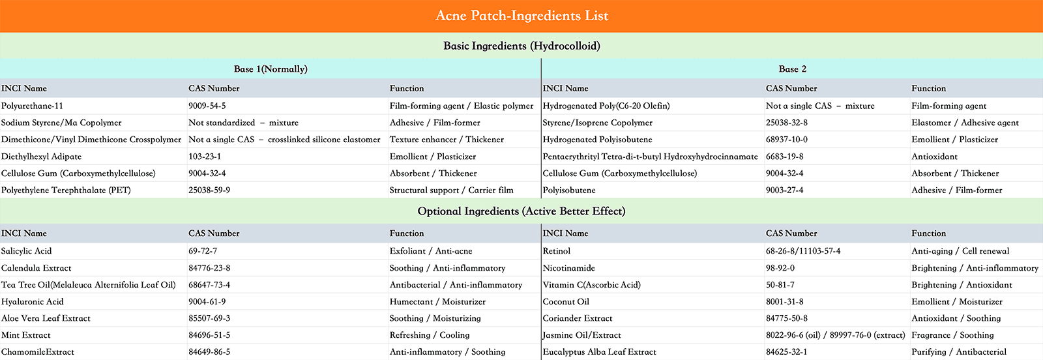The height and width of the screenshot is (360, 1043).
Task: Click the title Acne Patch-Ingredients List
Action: [521, 16]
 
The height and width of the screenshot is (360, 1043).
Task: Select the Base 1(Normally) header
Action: [271, 69]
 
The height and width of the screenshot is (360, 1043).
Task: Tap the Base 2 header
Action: [792, 69]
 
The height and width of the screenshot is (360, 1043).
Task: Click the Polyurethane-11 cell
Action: [33, 106]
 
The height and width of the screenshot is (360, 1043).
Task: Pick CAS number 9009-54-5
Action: [207, 106]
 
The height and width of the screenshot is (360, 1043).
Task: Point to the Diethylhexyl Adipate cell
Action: [42, 157]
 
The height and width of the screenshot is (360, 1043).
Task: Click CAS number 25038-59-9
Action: [209, 190]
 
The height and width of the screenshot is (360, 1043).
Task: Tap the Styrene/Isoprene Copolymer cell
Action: [597, 123]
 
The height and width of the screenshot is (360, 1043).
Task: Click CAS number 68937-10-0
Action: [787, 140]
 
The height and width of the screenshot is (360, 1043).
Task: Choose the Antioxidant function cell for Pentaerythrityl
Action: [934, 157]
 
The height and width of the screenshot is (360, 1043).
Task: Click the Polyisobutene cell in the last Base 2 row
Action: [569, 190]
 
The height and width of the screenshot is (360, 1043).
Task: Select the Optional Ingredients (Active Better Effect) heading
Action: [521, 211]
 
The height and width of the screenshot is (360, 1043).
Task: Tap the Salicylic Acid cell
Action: [27, 251]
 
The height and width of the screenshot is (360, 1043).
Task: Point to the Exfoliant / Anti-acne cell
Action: [431, 251]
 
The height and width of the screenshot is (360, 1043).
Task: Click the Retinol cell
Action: [557, 251]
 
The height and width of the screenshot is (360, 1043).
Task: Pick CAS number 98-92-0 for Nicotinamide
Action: [780, 268]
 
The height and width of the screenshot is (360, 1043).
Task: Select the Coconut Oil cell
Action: [566, 302]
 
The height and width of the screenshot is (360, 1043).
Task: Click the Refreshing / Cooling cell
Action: [430, 335]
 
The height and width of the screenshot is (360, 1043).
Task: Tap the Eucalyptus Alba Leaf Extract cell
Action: [599, 352]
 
